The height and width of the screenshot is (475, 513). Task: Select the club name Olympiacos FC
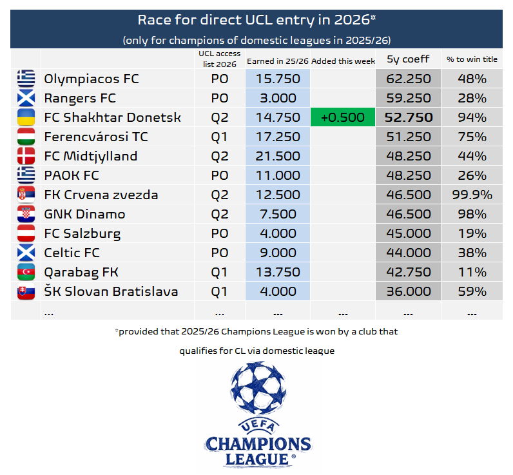coord(92,79)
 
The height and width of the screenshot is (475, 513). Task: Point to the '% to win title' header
coord(472,59)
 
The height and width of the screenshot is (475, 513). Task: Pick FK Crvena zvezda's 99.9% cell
coord(472,195)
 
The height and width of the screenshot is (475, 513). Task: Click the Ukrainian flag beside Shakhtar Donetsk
coord(26,118)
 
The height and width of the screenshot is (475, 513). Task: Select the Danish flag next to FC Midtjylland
coord(26,157)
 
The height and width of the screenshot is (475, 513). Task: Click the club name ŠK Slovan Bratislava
coord(111,292)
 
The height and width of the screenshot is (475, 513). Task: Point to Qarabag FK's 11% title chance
coord(472,273)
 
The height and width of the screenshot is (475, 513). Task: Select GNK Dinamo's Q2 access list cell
coord(220,215)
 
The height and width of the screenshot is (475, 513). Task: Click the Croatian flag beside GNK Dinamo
coord(26,215)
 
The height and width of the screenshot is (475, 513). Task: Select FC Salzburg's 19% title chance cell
coord(472,234)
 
